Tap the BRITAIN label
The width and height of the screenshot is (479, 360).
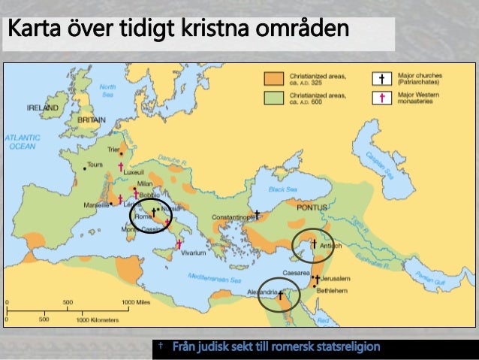point(92,119)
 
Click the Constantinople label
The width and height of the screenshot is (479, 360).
point(233,216)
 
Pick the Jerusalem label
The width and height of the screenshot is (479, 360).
point(335,278)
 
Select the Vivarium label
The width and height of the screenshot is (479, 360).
point(193,253)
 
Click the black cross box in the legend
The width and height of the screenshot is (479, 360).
point(383,78)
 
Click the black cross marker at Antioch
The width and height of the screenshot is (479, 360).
point(313,244)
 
